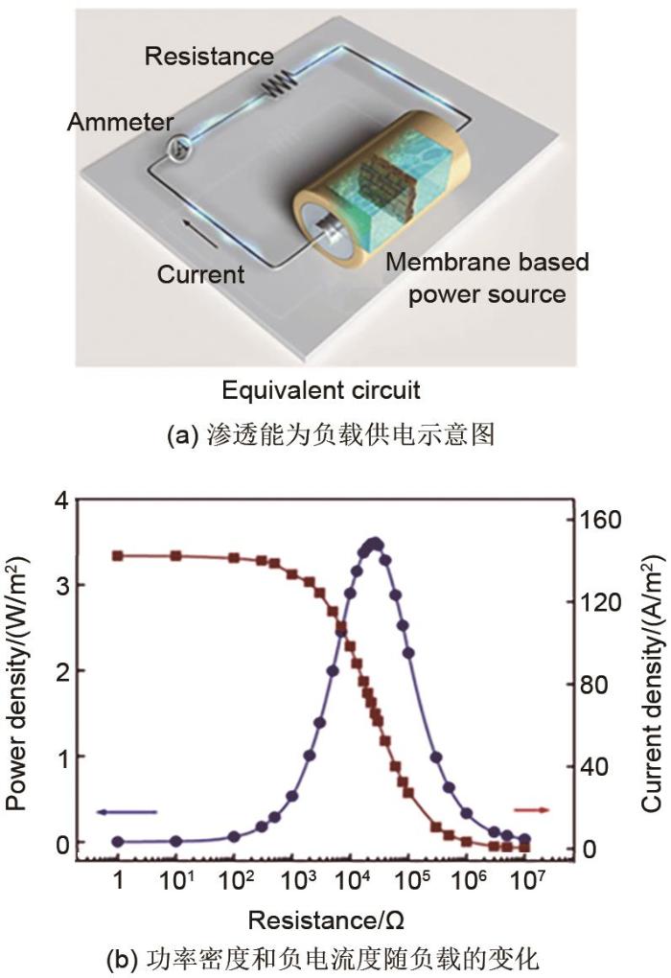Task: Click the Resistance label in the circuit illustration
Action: click(x=209, y=57)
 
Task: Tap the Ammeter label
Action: click(x=121, y=122)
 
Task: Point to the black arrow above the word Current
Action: click(x=200, y=233)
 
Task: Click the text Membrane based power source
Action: click(x=487, y=277)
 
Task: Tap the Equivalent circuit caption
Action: click(x=321, y=390)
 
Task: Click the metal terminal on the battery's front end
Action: click(x=330, y=233)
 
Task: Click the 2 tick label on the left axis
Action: click(x=62, y=671)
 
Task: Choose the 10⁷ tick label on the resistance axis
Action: click(x=527, y=881)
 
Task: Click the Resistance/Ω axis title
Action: click(x=326, y=920)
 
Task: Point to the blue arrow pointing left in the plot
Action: click(x=127, y=812)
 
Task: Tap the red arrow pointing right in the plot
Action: click(x=532, y=810)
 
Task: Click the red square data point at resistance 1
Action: click(x=117, y=555)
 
